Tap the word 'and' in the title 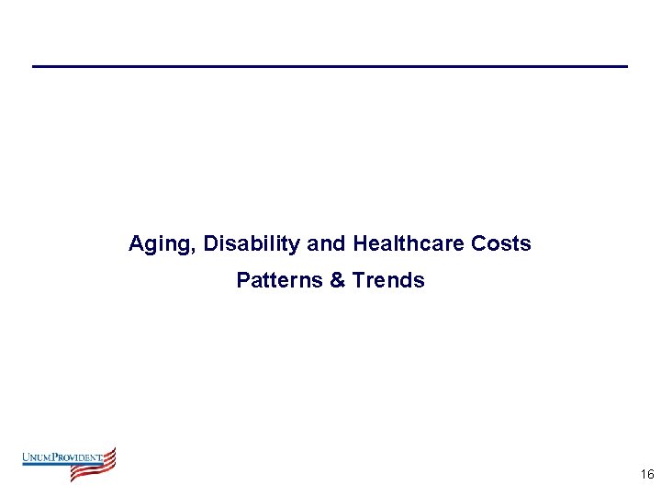(327, 244)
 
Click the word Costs (500, 244)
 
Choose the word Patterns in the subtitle (278, 280)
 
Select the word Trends (387, 280)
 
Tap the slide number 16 (646, 474)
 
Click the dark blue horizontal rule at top (330, 66)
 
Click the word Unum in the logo (38, 457)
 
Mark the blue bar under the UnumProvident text (55, 465)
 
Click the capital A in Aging (136, 244)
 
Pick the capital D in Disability (211, 244)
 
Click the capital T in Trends (356, 280)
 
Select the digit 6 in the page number (650, 474)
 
